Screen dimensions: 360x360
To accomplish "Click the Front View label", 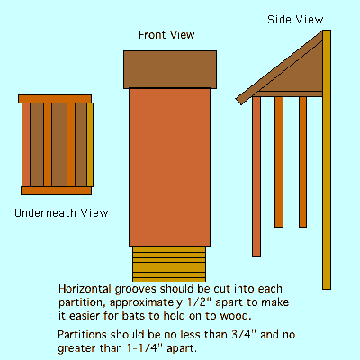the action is [166, 35].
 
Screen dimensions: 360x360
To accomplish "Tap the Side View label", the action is [295, 20].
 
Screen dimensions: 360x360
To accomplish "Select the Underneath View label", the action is [61, 213].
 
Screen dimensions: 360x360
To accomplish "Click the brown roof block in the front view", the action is [170, 69].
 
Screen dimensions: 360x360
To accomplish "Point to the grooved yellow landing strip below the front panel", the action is [169, 264].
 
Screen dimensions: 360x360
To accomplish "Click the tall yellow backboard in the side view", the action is [327, 159].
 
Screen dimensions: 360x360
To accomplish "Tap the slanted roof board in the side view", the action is [279, 67].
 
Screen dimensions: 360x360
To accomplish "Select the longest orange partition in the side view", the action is [256, 176].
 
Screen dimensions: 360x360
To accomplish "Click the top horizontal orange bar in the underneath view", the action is [55, 99].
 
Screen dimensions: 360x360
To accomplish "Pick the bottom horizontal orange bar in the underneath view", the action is [56, 191].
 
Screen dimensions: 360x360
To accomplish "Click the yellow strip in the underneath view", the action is [90, 145].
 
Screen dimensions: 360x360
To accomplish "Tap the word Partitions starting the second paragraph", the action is [82, 335].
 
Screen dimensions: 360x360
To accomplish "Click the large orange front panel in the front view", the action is [170, 167].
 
